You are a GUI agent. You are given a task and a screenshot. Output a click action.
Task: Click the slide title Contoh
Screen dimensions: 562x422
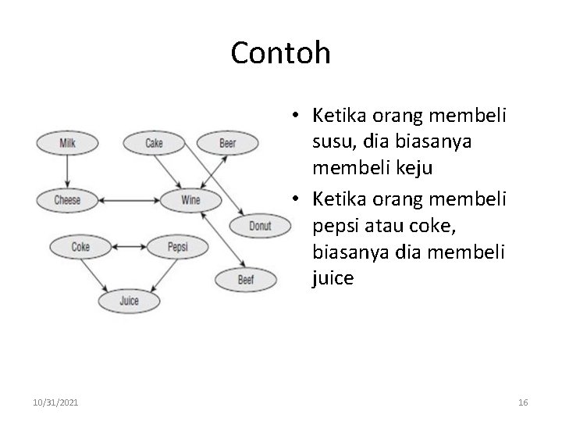(281, 53)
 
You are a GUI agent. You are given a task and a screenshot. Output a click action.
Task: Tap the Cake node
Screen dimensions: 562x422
(155, 143)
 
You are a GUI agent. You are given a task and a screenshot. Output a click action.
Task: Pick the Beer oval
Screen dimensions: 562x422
(227, 144)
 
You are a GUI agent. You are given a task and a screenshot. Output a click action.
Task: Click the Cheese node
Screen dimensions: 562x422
(67, 200)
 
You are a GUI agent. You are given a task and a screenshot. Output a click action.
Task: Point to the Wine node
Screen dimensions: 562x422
(190, 200)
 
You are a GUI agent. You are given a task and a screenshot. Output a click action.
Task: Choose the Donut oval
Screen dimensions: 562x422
(261, 227)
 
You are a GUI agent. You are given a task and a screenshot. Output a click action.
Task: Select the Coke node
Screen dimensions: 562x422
(80, 248)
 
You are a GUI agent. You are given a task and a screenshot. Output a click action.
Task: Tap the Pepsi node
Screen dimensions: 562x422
(178, 248)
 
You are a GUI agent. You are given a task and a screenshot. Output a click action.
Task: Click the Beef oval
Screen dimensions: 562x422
(245, 279)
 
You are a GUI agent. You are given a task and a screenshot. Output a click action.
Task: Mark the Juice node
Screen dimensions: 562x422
(129, 300)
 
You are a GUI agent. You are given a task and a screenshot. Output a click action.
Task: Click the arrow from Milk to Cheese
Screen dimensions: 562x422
(67, 171)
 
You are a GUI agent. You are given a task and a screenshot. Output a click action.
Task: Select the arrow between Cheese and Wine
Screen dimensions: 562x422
(129, 200)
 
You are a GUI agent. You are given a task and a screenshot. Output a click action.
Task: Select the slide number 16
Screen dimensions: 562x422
(523, 402)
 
